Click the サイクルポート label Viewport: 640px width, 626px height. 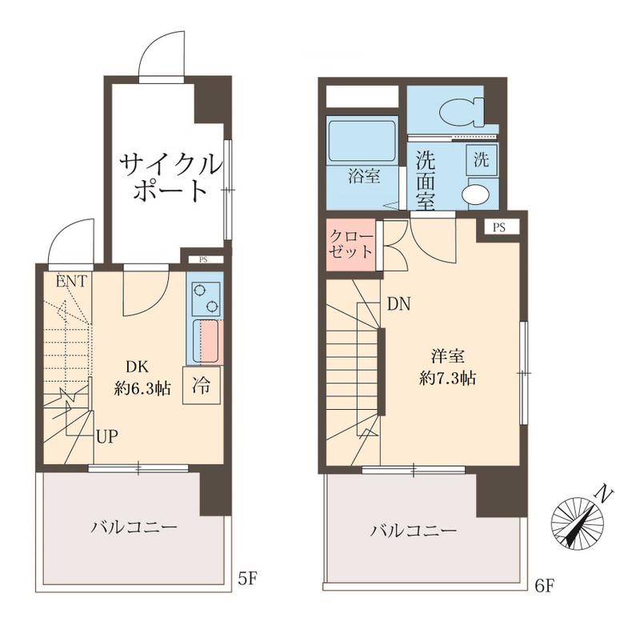tap(169, 178)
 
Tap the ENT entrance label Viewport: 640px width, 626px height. tap(72, 281)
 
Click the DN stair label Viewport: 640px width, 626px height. tap(399, 304)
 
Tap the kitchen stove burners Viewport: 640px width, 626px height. tap(205, 297)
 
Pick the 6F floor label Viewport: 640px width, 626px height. tap(544, 585)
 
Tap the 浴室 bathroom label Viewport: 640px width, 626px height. tap(363, 177)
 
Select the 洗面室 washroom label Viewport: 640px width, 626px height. tap(425, 179)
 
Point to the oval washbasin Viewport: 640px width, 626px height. tap(477, 194)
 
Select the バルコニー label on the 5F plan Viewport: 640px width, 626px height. tap(133, 528)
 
